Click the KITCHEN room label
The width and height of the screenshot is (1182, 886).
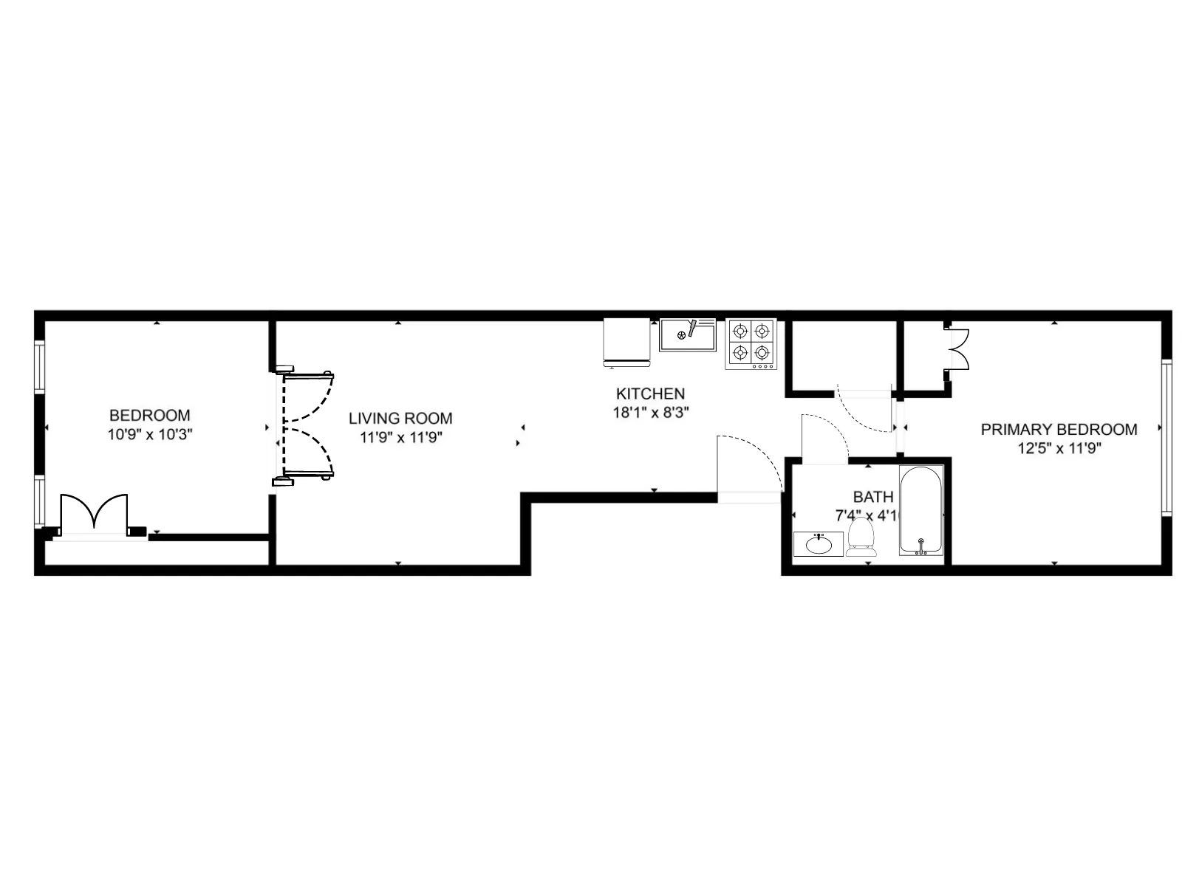click(650, 394)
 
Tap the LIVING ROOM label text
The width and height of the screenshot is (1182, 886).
click(400, 419)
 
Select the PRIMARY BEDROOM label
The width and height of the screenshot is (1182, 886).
click(1059, 430)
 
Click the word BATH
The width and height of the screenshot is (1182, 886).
click(873, 497)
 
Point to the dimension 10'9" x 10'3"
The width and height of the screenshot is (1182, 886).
click(150, 435)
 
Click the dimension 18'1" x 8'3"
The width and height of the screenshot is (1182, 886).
click(650, 413)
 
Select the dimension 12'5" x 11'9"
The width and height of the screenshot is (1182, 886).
click(1059, 448)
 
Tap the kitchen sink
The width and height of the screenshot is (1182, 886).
click(688, 335)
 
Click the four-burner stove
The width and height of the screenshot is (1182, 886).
click(751, 343)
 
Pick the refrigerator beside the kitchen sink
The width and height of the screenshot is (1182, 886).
click(626, 342)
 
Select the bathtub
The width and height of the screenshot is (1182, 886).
click(921, 511)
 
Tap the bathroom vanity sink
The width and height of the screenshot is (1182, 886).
click(818, 544)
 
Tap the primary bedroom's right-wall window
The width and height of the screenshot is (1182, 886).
click(1166, 437)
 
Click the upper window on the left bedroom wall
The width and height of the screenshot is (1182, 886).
click(40, 366)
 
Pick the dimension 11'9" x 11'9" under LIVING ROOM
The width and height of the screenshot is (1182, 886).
click(400, 437)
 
